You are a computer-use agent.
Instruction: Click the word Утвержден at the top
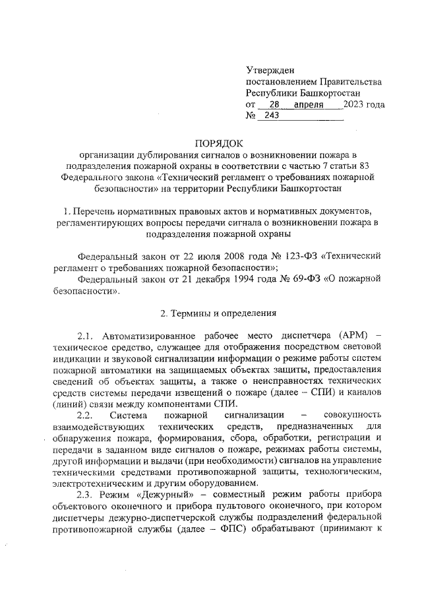pos(270,69)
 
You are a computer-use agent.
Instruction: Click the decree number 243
pos(272,117)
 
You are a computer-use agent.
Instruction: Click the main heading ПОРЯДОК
pos(218,142)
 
